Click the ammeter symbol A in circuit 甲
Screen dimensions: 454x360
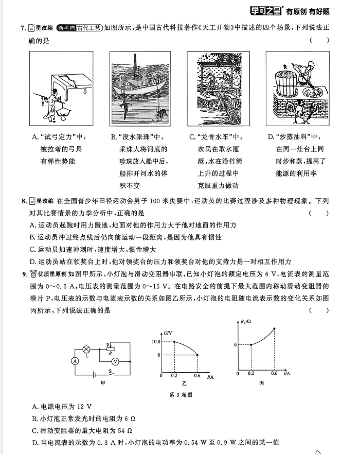75,361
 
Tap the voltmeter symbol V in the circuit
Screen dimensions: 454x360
115,361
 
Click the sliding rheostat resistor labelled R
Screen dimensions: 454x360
111,348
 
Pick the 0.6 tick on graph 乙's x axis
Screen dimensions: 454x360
197,376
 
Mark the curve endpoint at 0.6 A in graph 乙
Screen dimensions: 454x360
198,355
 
